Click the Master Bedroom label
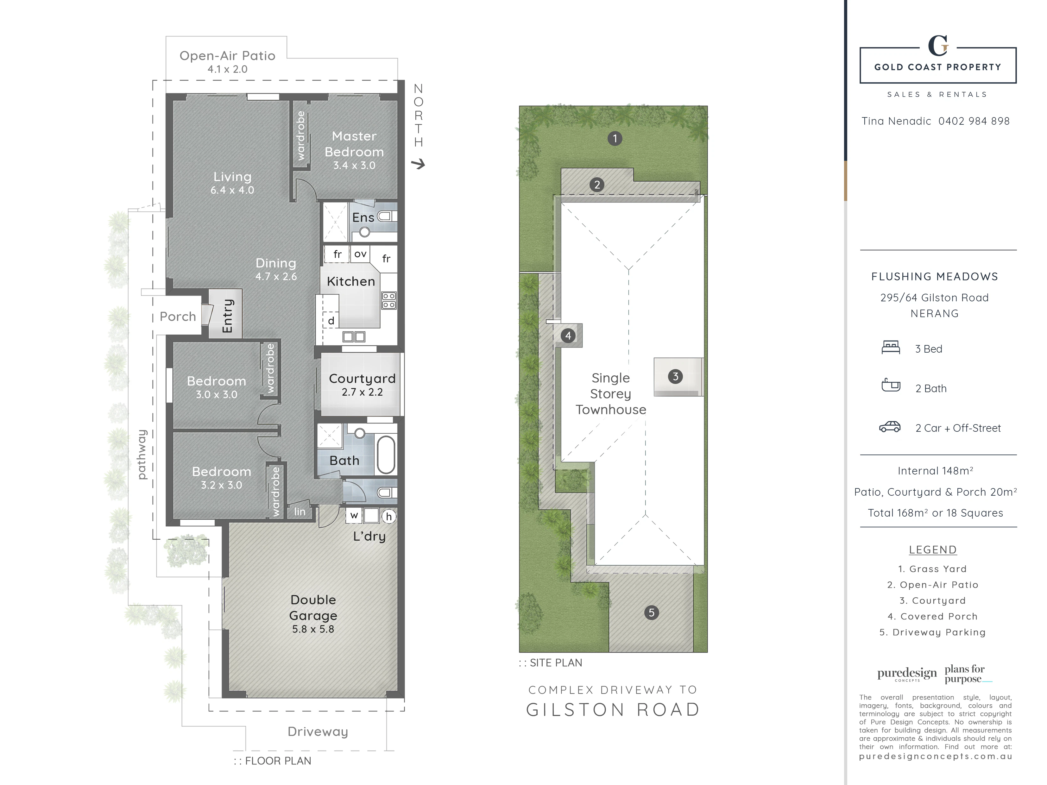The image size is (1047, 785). [354, 144]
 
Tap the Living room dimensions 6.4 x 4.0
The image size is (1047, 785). [232, 190]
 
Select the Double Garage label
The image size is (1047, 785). [313, 607]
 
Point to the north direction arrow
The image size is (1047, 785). [418, 164]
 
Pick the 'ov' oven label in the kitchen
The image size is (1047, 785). [360, 254]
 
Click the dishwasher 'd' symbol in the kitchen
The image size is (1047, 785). [331, 321]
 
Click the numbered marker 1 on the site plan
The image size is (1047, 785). [615, 139]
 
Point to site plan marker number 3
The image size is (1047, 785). [675, 377]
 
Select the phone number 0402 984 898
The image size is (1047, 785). [974, 121]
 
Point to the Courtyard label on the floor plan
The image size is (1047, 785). [362, 379]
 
